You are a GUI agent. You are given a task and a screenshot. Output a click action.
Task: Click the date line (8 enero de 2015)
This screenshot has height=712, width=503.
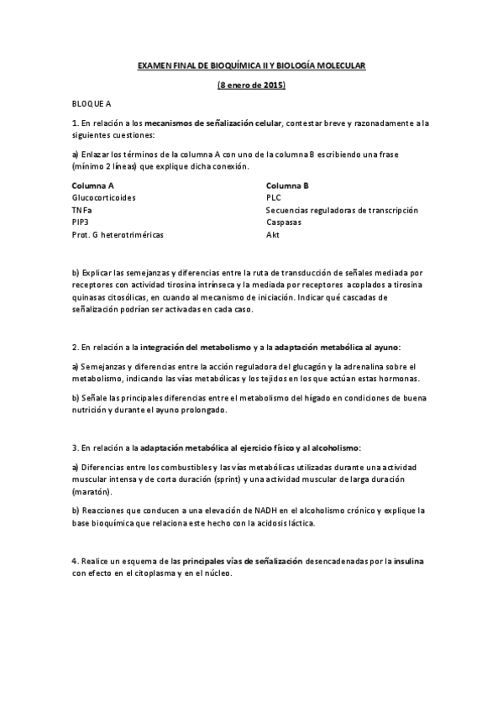pos(251,85)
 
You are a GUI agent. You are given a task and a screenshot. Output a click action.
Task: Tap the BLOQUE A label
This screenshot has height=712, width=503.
pos(92,104)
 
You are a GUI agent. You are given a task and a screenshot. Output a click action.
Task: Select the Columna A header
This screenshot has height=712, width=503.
pos(93,185)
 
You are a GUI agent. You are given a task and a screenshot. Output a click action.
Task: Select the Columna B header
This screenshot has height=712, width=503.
pos(287,185)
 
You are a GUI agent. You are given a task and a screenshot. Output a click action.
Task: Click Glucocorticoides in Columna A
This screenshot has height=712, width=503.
pos(104,197)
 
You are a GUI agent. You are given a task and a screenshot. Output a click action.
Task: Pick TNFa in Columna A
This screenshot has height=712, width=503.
pos(82,210)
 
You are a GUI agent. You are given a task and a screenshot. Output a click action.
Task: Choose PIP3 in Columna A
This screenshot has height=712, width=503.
pos(81,222)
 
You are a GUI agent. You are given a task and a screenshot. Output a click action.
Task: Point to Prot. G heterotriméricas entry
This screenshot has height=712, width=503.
pos(118,235)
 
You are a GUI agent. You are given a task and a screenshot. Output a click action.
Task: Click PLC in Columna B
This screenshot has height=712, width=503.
pos(274,197)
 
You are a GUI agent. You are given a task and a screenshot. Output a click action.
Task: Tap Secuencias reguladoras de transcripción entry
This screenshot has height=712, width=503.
pos(342,210)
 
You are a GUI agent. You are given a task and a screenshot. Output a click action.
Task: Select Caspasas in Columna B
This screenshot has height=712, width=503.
pos(284,222)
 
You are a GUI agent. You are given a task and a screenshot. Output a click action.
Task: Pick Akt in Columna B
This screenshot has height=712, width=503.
pos(273,235)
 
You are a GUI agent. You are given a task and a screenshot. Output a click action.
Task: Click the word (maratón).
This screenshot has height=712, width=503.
pos(92,490)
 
